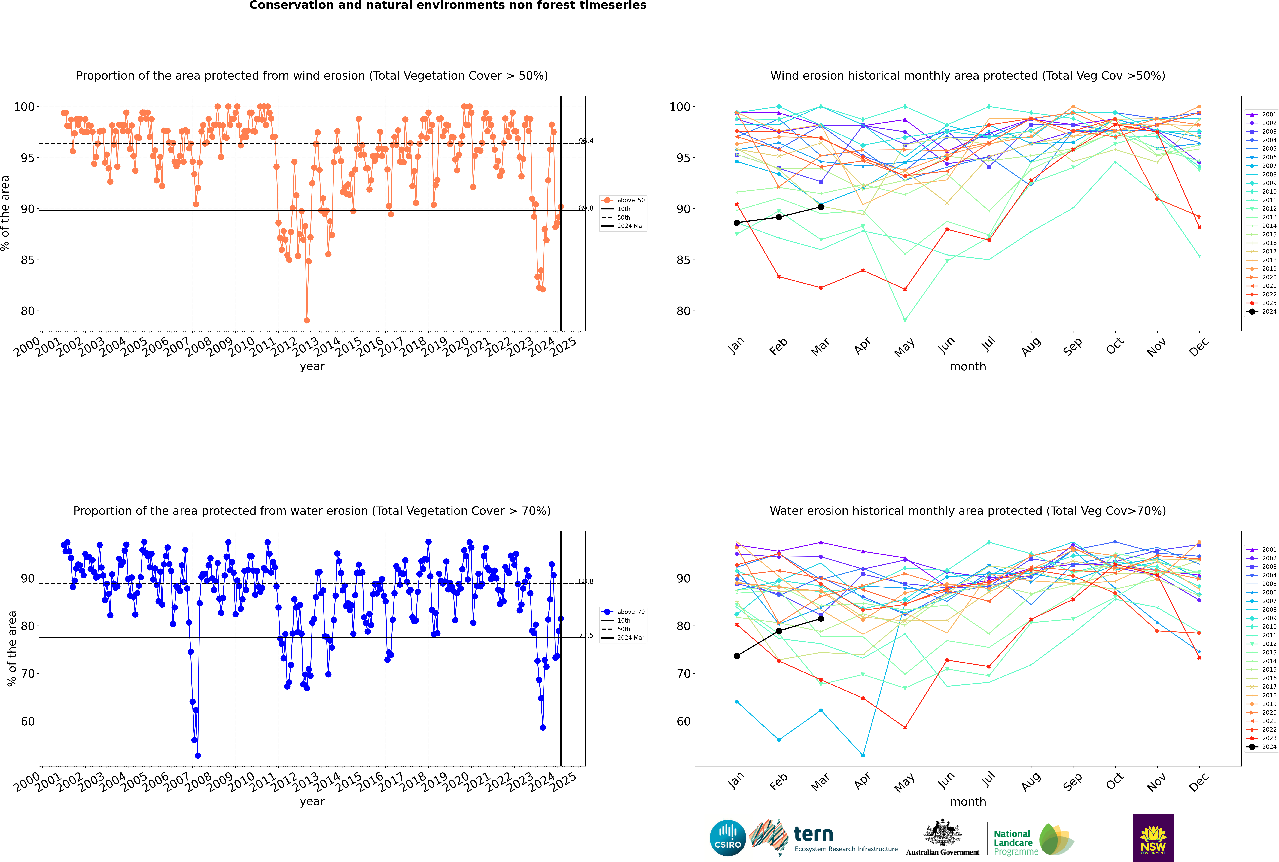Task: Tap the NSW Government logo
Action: click(x=1153, y=837)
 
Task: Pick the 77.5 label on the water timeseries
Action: click(x=586, y=636)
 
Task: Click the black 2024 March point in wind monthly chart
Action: click(x=821, y=207)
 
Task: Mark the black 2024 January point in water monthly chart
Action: click(x=737, y=656)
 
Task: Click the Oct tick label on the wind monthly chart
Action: click(x=1115, y=347)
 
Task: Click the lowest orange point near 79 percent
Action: click(x=307, y=320)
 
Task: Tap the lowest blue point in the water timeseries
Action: click(x=198, y=756)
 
